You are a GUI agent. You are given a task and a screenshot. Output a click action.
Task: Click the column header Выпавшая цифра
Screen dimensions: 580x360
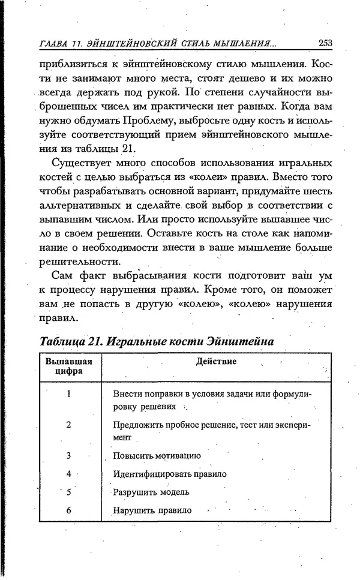pos(69,366)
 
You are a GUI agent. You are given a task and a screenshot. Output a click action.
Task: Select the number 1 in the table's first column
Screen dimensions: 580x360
pos(69,394)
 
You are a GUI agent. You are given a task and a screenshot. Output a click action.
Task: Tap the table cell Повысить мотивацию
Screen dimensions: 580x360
pos(157,456)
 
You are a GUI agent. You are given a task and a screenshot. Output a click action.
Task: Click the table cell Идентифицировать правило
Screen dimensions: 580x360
pos(169,474)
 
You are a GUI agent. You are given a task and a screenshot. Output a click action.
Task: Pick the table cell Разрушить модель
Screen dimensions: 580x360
pos(151,492)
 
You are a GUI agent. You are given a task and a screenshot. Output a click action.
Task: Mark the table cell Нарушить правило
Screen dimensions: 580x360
pos(152,511)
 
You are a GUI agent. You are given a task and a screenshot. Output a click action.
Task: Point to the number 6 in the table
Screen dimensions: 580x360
pos(69,511)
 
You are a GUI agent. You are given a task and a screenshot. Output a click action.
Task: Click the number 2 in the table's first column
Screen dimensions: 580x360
pos(69,425)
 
